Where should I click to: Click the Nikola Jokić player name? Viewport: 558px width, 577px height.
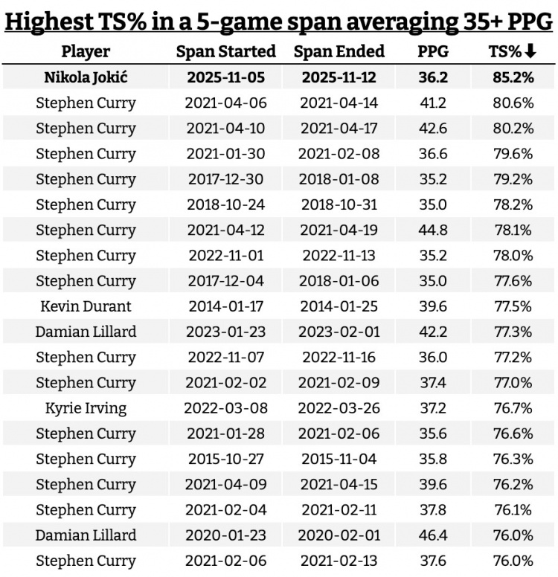[x=86, y=77]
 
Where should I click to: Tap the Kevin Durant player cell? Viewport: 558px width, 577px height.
[x=86, y=306]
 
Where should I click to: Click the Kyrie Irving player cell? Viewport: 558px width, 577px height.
[x=86, y=407]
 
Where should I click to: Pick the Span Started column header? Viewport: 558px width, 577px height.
[x=225, y=51]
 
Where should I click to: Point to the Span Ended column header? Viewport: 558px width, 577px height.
[x=339, y=51]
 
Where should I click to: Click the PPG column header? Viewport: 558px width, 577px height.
[x=433, y=51]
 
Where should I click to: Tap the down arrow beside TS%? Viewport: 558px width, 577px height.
[x=530, y=51]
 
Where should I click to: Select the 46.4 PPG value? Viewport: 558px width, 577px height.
[x=433, y=535]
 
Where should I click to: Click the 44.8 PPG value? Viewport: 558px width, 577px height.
[x=433, y=229]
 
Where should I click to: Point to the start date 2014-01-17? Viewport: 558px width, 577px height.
[x=225, y=306]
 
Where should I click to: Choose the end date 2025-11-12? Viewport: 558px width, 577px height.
[x=339, y=77]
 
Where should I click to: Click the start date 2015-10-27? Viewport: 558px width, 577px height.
[x=225, y=458]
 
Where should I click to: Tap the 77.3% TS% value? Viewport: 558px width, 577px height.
[x=513, y=331]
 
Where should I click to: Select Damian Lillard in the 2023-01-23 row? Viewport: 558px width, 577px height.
[x=86, y=331]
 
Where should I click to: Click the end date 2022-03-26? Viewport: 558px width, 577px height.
[x=339, y=407]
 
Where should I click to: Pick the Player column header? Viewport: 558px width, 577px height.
[x=86, y=51]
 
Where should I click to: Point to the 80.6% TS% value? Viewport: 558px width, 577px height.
[x=513, y=103]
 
